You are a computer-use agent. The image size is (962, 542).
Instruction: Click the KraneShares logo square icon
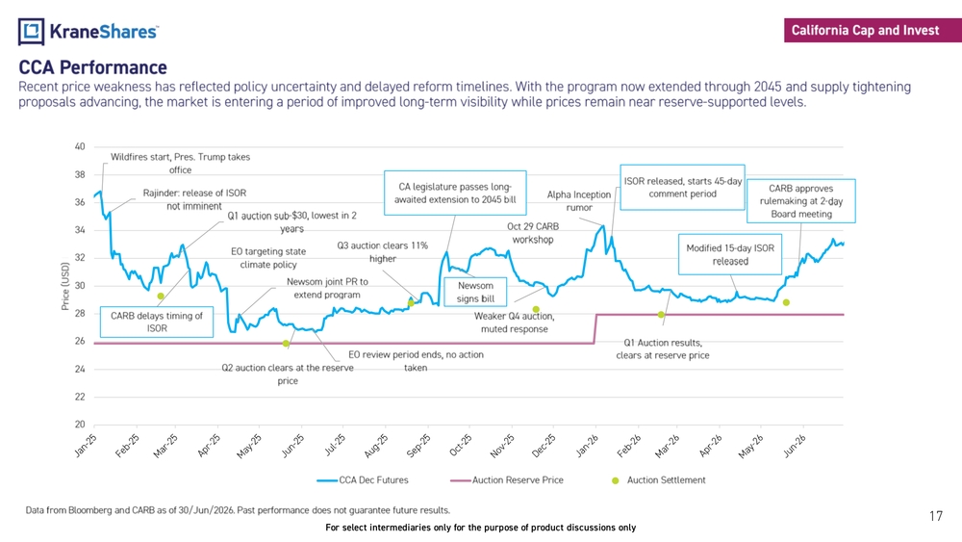pos(32,32)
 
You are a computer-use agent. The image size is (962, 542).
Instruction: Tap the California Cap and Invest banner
pos(873,30)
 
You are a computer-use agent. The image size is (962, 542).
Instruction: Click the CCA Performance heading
pos(92,66)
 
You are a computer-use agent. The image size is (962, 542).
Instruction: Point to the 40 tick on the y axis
pos(80,146)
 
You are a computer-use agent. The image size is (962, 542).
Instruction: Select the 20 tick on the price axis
pos(80,425)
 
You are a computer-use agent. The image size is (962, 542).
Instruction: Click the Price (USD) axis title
pos(65,286)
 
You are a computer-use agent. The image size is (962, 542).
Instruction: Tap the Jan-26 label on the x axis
pos(587,446)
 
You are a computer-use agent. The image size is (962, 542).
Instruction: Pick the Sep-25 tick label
pos(418,446)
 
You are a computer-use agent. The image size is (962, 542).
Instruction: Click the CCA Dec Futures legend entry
pos(363,480)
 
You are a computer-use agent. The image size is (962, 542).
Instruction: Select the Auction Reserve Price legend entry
pos(507,480)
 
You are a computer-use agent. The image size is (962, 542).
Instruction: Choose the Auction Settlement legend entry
pos(659,480)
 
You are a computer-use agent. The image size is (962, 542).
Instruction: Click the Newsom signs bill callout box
pos(475,292)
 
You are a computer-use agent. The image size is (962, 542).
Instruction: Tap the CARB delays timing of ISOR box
pos(157,322)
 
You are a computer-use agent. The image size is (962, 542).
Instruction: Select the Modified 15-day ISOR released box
pos(730,254)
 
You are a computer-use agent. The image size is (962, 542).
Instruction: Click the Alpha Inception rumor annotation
pos(579,200)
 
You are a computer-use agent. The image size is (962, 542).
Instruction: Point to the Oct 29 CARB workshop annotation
pos(533,233)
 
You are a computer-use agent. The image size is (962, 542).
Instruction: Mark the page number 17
pos(936,516)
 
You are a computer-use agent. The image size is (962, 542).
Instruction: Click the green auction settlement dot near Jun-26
pos(786,302)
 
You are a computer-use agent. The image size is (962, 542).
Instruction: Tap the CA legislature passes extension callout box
pos(455,193)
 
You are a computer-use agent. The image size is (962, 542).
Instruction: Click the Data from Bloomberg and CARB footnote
pos(238,510)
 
